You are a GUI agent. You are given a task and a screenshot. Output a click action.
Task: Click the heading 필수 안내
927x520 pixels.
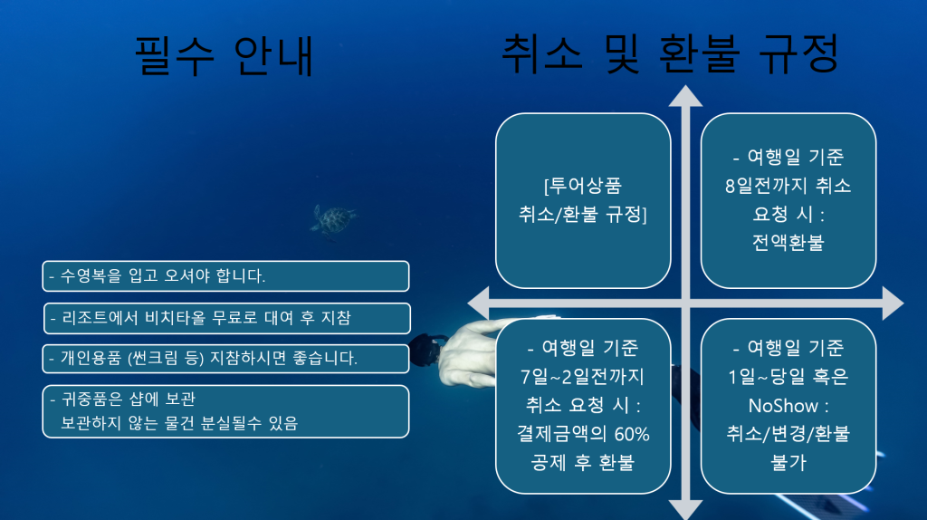225,55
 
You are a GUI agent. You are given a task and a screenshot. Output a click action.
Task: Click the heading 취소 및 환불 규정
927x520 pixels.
670,53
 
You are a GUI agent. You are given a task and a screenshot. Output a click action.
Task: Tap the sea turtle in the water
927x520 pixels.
333,220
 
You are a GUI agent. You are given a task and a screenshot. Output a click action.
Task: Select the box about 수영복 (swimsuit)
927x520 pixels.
225,276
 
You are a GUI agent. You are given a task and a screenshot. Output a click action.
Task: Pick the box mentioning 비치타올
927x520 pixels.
227,318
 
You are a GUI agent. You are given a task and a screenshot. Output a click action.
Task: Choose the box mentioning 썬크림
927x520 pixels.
225,359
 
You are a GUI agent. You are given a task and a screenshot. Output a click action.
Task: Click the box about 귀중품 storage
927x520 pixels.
225,411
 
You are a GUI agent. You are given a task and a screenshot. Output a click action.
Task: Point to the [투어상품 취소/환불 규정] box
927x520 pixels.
583,200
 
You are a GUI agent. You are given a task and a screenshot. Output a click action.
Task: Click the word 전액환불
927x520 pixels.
788,243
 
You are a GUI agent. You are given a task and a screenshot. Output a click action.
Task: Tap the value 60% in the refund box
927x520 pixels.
632,434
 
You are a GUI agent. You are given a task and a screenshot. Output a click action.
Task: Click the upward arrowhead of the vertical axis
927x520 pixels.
686,96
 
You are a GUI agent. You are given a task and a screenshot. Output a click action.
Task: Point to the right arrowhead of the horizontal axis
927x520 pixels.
893,303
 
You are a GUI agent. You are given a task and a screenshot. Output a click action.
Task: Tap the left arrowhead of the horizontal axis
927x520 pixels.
478,303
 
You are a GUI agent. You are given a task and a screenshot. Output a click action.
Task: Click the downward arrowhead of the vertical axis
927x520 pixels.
686,509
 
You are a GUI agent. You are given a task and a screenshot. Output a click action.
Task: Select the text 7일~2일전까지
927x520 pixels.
582,377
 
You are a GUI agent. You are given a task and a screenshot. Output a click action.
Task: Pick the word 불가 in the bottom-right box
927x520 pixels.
788,463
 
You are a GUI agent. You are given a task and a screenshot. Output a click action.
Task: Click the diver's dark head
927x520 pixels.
425,351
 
